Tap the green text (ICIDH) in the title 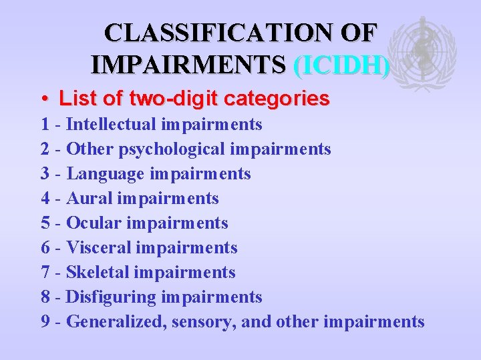[341, 64]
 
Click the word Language [106, 173]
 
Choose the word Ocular [94, 223]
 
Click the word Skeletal [98, 272]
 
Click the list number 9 [45, 321]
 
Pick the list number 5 [45, 223]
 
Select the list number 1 [45, 124]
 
